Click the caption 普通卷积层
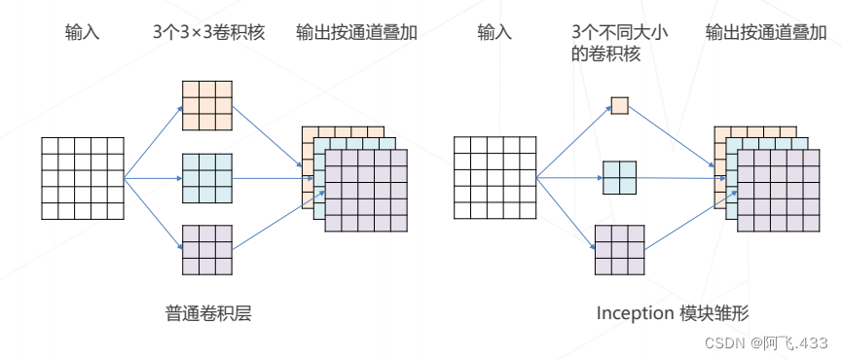208,313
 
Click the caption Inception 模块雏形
673,313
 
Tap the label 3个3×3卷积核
209,33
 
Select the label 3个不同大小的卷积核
620,44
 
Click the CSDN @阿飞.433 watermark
766,342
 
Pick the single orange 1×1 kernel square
620,105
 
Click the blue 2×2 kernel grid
620,178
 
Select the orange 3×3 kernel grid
207,106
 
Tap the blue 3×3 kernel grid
207,179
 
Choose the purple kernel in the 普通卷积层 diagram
207,250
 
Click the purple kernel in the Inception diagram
620,250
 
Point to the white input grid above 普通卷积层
83,179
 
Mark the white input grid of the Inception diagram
495,178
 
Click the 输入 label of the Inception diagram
495,33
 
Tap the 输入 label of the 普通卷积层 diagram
83,33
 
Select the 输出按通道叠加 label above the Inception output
766,33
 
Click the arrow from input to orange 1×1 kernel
574,142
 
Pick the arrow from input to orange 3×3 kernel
153,142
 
